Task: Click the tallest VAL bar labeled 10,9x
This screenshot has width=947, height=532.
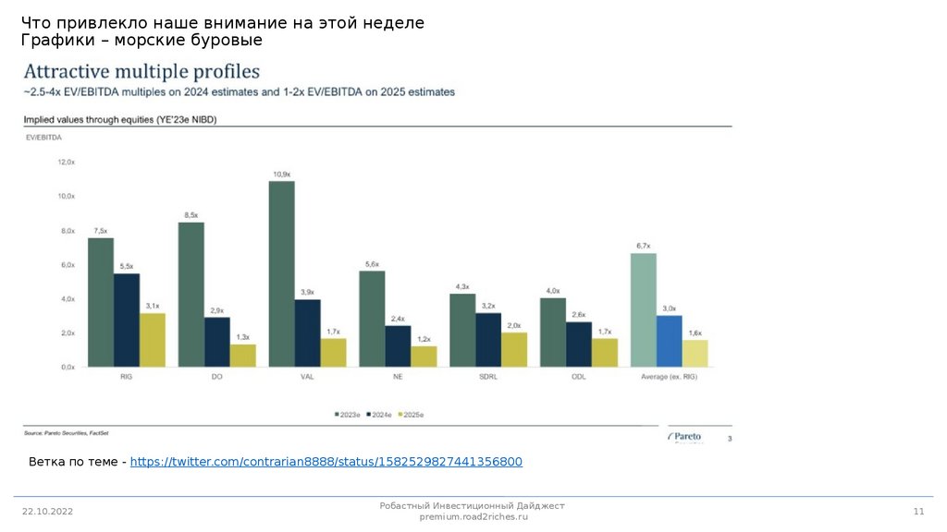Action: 282,273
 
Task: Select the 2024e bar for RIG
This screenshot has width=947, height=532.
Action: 127,320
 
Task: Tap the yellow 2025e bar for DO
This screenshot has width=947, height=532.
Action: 243,356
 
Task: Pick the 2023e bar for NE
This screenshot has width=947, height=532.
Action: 372,319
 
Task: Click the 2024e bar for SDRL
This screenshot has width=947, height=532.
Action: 488,339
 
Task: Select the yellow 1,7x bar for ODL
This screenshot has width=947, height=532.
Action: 605,352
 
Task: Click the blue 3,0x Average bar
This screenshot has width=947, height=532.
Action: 669,341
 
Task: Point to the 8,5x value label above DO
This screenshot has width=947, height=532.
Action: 191,215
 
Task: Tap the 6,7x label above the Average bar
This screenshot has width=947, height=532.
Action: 643,246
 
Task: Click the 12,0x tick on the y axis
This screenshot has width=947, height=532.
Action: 67,162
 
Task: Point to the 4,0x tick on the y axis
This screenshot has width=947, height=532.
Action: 67,298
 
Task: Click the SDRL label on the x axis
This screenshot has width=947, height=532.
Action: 488,377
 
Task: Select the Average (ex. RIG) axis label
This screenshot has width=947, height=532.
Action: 669,377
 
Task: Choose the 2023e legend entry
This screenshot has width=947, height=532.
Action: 348,415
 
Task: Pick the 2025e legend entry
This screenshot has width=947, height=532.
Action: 411,415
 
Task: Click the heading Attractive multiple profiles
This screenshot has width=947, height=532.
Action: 141,72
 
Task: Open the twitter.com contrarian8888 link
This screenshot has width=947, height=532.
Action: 326,462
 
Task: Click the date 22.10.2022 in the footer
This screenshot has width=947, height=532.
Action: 47,512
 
